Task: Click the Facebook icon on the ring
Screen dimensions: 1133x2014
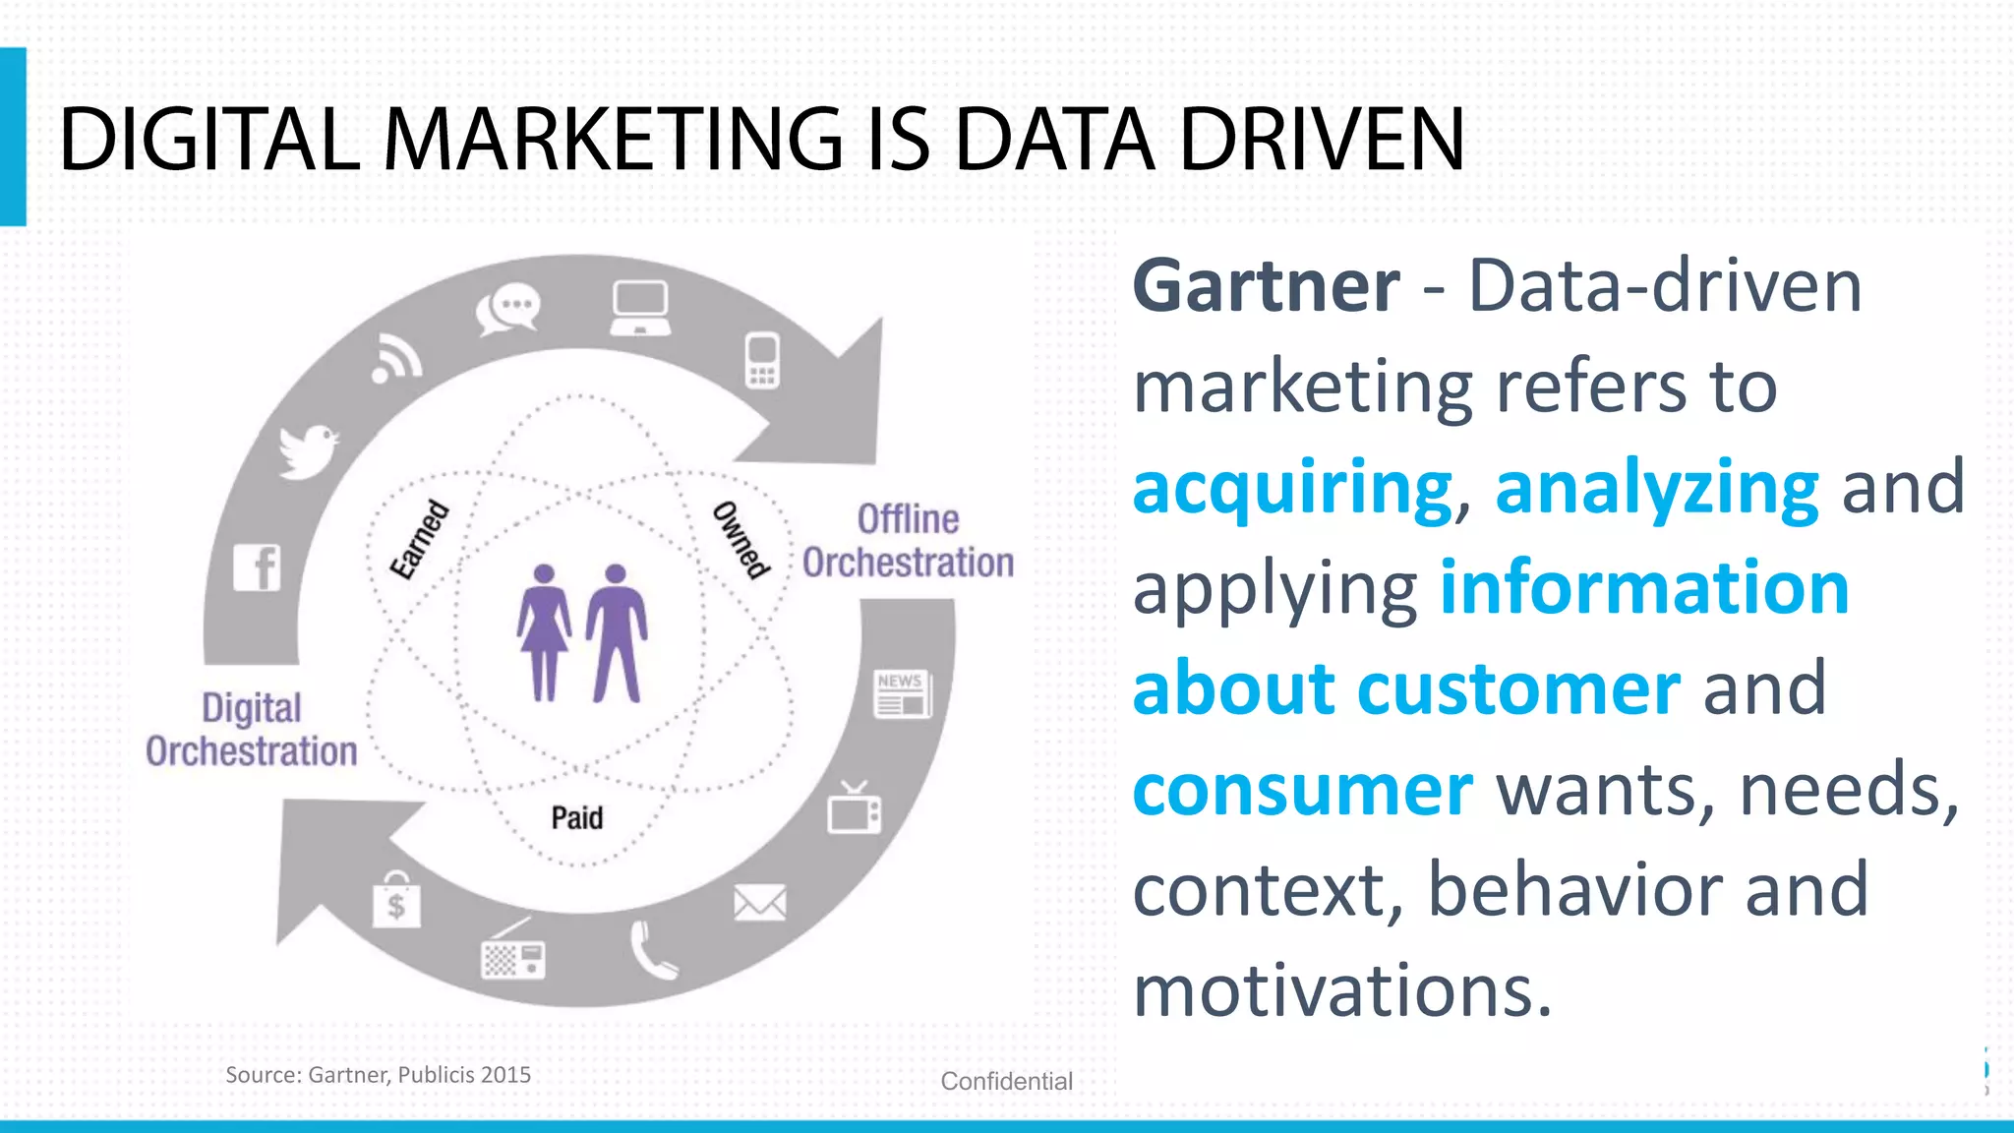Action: click(x=258, y=567)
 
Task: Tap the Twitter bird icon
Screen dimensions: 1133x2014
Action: click(x=308, y=450)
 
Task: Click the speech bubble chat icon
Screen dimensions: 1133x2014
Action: click(x=507, y=309)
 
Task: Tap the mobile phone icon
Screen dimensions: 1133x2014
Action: click(x=762, y=361)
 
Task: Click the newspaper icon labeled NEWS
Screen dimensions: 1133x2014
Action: click(x=903, y=694)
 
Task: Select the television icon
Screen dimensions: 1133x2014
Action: click(x=854, y=809)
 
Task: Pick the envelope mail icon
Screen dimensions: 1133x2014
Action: click(x=760, y=902)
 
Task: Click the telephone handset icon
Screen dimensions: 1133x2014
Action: click(x=652, y=950)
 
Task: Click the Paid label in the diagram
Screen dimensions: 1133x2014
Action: click(x=577, y=817)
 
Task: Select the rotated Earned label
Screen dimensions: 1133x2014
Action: click(x=420, y=539)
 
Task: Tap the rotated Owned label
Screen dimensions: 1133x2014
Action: click(x=740, y=539)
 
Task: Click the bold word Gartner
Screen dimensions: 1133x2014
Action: click(x=1266, y=286)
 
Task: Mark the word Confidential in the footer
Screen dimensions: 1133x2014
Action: click(x=1006, y=1081)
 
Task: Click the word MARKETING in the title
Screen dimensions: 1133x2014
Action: click(x=613, y=140)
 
